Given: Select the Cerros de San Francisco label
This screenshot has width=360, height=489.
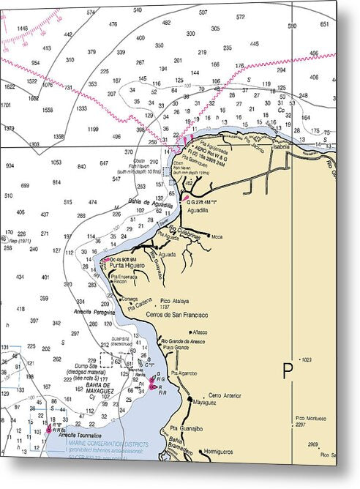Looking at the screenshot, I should (x=178, y=315).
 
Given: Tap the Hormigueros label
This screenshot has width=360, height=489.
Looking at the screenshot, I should (x=219, y=452).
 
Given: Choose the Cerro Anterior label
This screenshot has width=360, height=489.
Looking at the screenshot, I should (x=225, y=395).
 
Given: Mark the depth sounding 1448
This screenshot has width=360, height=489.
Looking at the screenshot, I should (x=22, y=29).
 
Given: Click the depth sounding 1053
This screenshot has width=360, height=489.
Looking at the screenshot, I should (x=56, y=162).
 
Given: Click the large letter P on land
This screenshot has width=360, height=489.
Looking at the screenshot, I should (x=288, y=370).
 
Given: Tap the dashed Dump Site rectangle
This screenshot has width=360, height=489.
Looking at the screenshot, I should (x=111, y=359).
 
